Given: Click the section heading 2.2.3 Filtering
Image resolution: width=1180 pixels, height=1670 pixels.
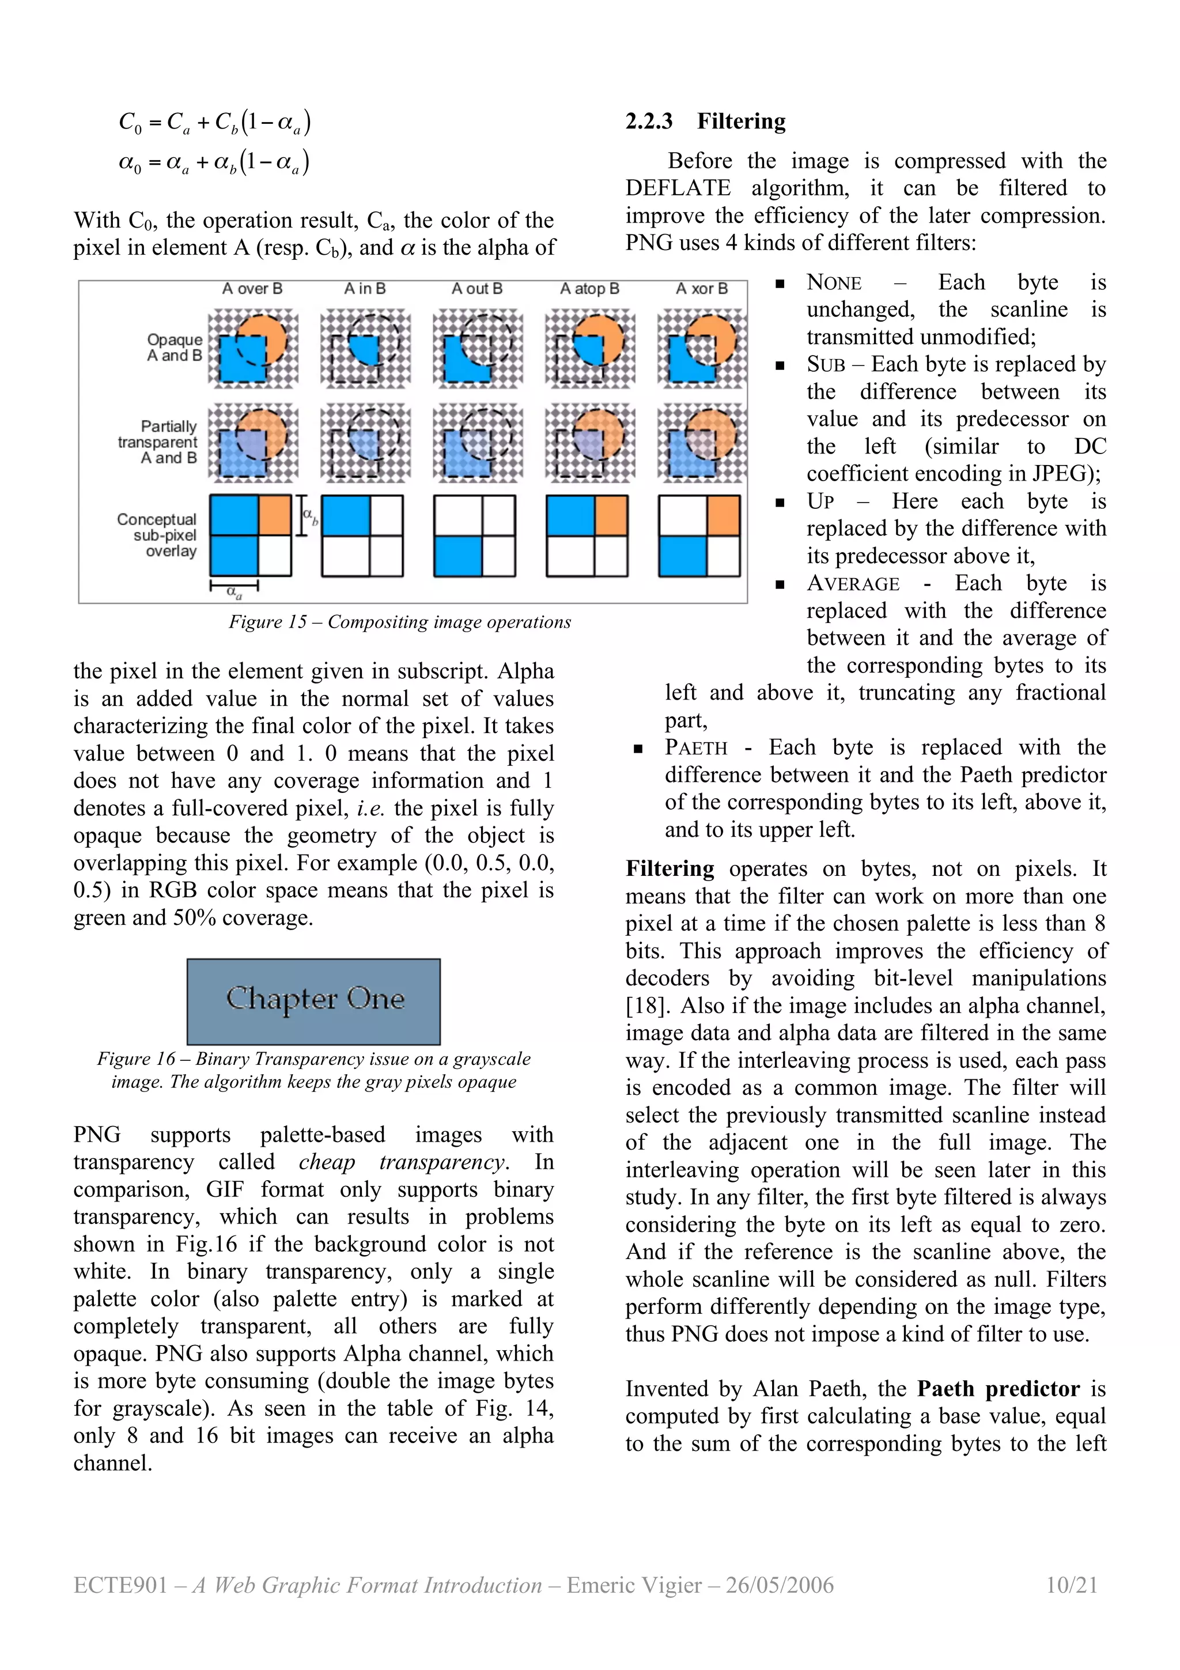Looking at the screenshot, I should (705, 121).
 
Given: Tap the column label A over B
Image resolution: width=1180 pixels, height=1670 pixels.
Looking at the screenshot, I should (252, 289).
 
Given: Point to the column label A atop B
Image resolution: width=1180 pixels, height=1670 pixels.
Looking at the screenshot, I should (589, 289).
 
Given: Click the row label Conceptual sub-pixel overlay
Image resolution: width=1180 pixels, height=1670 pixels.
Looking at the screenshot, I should (158, 535).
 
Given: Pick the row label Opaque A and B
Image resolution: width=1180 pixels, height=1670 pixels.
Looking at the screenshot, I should (175, 347).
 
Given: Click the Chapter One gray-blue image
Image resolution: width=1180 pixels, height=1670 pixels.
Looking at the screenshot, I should (313, 1001).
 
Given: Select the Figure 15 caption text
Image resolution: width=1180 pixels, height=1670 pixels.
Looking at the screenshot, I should (399, 622).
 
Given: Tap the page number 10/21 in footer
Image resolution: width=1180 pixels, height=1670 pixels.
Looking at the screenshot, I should (1071, 1585).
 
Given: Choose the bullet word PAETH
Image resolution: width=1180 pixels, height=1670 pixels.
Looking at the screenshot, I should (696, 748).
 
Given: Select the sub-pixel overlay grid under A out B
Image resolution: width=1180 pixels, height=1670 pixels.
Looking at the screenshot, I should (474, 536).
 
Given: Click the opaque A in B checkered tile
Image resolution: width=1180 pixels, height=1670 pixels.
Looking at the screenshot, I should (365, 347).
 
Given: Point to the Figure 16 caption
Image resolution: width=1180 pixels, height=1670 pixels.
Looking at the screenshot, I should (313, 1070).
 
